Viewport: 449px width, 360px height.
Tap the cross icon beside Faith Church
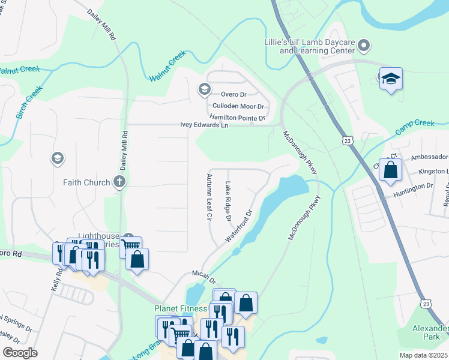(x=119, y=182)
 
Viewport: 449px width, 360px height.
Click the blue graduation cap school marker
(x=390, y=79)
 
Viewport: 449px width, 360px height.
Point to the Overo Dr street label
(x=234, y=94)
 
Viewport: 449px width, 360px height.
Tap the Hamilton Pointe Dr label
(x=237, y=118)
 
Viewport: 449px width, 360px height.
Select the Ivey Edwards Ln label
(x=204, y=125)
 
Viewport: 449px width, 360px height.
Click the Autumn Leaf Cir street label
(x=209, y=197)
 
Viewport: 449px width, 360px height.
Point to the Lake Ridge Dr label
(x=228, y=202)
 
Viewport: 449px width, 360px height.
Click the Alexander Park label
(x=430, y=333)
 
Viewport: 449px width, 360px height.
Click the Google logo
(x=20, y=353)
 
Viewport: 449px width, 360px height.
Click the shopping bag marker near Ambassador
(x=390, y=170)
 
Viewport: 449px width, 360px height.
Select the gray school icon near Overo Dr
(x=204, y=90)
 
